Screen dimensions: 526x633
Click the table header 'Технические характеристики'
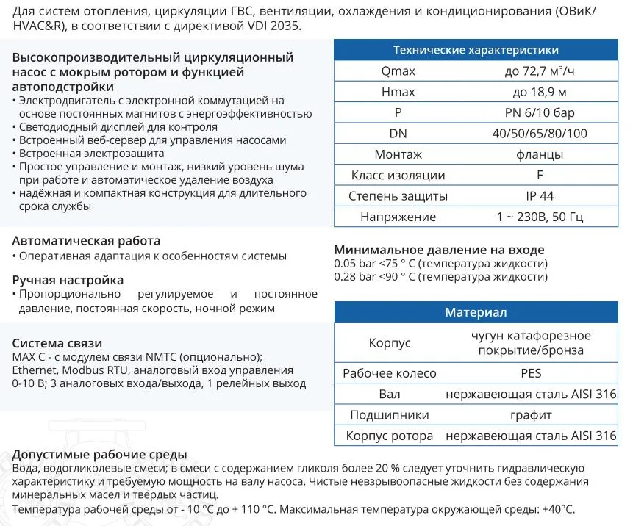click(x=476, y=50)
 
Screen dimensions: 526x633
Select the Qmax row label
click(x=398, y=71)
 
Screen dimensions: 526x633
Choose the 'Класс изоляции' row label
click(x=398, y=176)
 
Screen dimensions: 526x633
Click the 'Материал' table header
click(x=476, y=312)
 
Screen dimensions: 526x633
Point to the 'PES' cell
click(x=531, y=373)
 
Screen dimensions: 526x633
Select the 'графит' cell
click(x=531, y=415)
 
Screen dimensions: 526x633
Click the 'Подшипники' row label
click(x=389, y=415)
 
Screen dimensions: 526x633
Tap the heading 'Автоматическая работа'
click(x=86, y=241)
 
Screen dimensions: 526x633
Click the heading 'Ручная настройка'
click(x=68, y=280)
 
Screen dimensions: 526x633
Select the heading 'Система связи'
click(x=57, y=343)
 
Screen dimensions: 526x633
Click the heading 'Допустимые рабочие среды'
click(x=99, y=455)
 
